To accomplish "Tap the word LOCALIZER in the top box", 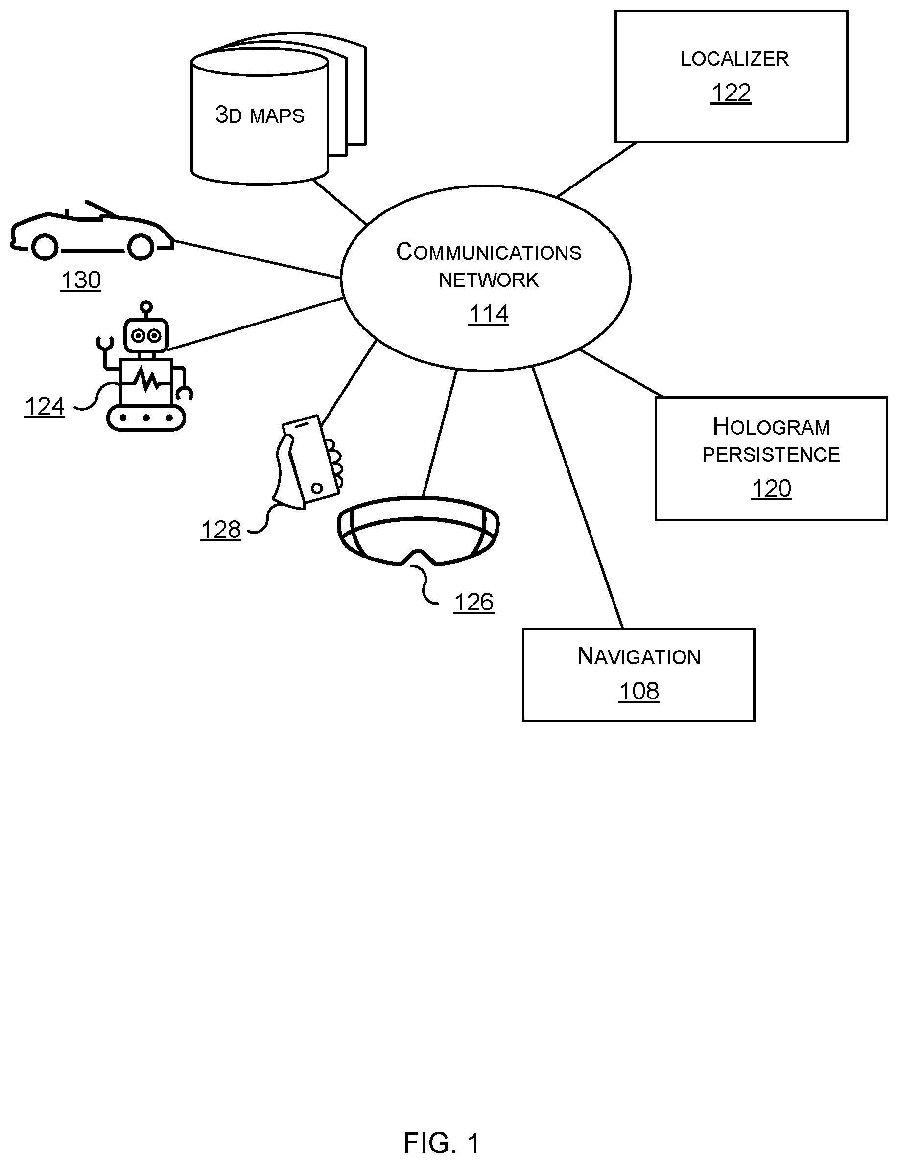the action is [x=734, y=59].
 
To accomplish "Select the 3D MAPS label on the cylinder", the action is [x=260, y=115].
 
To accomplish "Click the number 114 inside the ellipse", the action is [x=488, y=314].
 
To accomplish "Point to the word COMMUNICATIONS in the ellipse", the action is [x=488, y=252].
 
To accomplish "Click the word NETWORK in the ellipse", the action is [x=488, y=280].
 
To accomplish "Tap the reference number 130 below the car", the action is [x=80, y=280].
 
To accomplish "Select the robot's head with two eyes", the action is [x=146, y=335].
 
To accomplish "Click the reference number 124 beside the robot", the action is [x=44, y=407].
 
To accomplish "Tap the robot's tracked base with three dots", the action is [x=145, y=418].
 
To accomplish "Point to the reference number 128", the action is [x=220, y=530].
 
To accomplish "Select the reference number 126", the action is [x=473, y=602].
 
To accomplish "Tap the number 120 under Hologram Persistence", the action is [x=771, y=489].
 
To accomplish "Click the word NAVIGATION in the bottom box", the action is [x=638, y=656].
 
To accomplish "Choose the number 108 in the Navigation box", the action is [x=638, y=691].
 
